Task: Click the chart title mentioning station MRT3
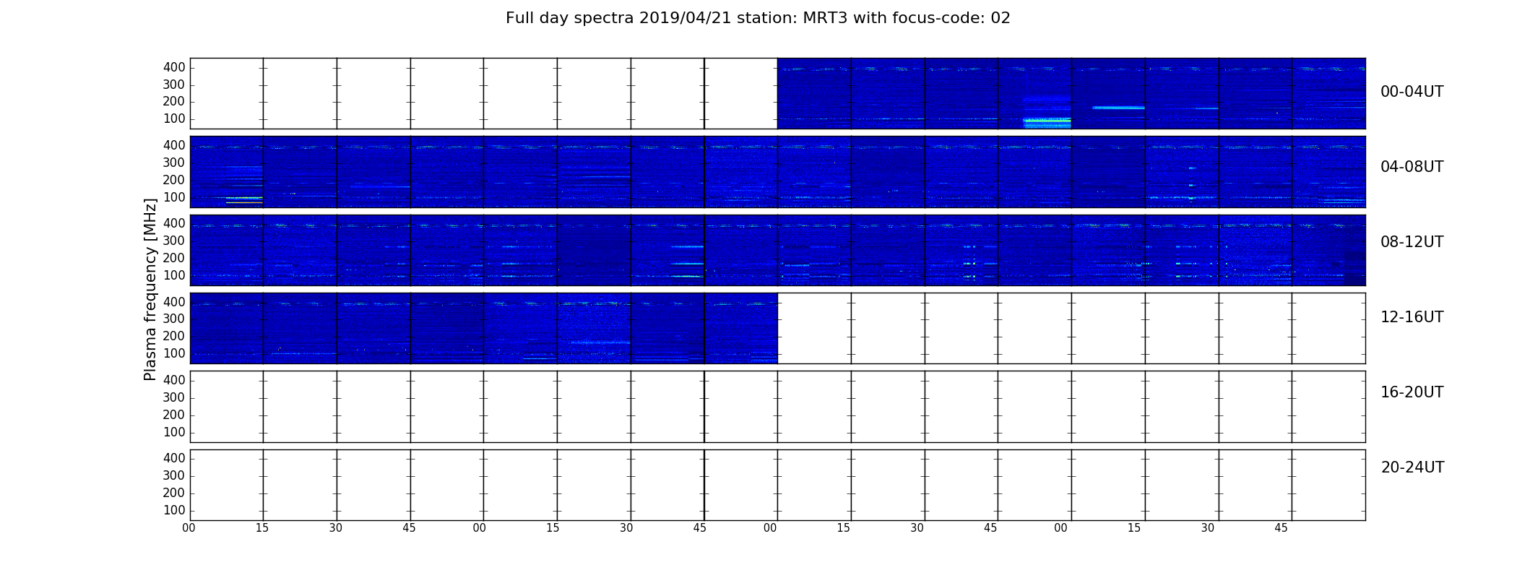[758, 19]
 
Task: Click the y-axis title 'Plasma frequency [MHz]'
[150, 289]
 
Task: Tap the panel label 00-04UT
[1412, 92]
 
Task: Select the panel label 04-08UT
[1412, 167]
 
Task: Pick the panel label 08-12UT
[1412, 242]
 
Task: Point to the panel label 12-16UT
[1412, 317]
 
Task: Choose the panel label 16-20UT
[1412, 392]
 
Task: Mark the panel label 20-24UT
[1412, 467]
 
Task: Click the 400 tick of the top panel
[174, 67]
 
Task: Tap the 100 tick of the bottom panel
[174, 510]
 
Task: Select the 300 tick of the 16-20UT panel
[174, 397]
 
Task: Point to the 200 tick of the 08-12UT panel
[174, 258]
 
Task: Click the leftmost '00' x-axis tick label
[189, 528]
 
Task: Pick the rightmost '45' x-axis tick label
[1281, 528]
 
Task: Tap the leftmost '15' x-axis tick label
[262, 528]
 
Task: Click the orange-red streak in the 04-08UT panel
[244, 202]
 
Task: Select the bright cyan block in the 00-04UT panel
[1047, 123]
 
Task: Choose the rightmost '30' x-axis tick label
[1208, 528]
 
